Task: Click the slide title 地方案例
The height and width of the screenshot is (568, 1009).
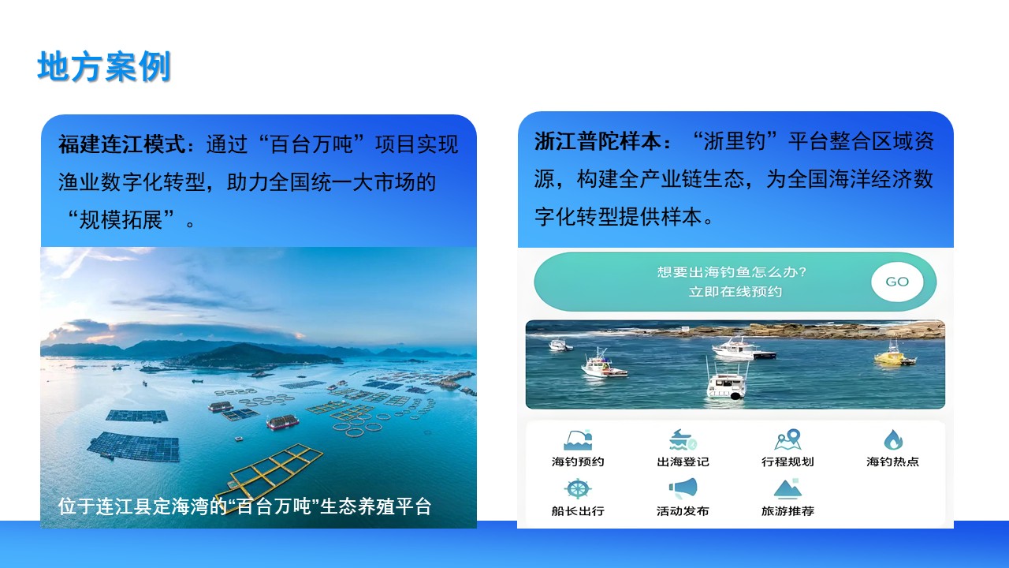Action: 104,66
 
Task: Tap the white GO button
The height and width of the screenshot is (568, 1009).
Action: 897,282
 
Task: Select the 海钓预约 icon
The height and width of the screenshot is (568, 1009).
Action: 578,440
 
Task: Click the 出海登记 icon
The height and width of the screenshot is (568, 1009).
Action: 683,440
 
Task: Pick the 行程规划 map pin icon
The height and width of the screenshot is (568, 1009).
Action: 787,439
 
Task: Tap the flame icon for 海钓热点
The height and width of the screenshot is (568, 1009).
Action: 893,439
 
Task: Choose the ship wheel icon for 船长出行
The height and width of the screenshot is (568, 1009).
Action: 578,488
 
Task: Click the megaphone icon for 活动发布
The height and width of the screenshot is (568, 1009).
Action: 683,488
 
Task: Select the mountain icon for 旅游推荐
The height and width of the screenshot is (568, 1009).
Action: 787,489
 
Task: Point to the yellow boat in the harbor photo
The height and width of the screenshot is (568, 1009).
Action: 895,355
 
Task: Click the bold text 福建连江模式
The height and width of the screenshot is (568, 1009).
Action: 122,144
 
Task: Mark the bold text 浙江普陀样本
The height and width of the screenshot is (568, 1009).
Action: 598,141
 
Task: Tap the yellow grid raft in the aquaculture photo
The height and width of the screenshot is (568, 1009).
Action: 270,470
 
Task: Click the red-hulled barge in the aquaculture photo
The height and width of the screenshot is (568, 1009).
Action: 282,421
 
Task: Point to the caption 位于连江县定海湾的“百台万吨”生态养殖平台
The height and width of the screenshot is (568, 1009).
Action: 245,506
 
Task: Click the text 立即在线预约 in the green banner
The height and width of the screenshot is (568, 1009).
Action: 735,292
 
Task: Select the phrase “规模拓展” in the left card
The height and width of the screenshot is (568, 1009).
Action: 121,220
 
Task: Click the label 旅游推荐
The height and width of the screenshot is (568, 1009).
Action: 787,510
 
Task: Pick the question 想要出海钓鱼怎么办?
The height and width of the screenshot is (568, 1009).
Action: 732,272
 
